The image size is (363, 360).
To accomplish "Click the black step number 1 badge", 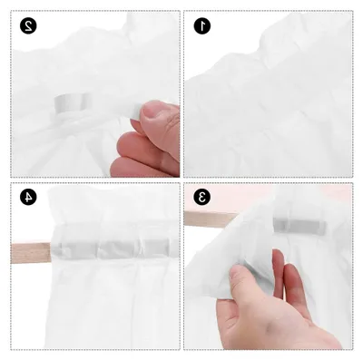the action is [201, 26].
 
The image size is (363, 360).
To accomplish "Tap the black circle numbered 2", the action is [28, 26].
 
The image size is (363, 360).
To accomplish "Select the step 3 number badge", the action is [201, 197].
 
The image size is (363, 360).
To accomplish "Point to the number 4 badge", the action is [28, 197].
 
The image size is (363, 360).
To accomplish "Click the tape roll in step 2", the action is [73, 103].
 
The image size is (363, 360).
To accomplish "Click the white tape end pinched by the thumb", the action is [135, 112].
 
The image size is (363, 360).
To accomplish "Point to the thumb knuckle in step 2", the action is [171, 120].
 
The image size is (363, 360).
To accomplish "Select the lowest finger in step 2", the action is [142, 167].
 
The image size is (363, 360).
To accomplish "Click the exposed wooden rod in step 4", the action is [30, 253].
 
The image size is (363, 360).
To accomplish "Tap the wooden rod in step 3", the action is [209, 219].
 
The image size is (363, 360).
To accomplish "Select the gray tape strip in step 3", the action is [299, 226].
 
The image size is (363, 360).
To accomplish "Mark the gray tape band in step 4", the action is [115, 248].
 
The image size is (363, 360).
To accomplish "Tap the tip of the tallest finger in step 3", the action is [278, 252].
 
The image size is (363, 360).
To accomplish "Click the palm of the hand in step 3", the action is [272, 324].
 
